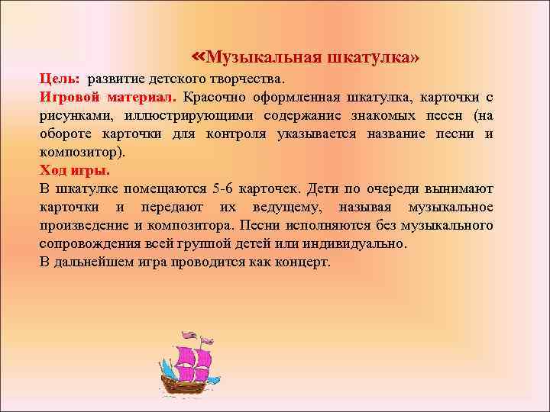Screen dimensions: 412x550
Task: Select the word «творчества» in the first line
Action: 247,79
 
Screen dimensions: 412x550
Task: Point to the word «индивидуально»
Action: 355,243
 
